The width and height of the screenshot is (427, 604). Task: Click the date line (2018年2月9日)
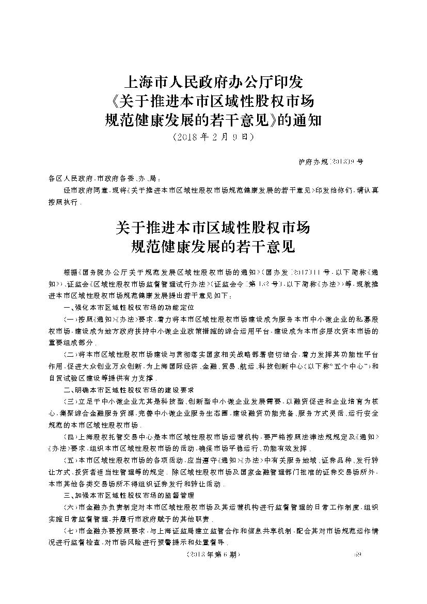point(213,138)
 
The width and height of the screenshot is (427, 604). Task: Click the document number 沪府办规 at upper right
point(330,162)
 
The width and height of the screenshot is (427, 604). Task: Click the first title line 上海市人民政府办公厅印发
point(213,82)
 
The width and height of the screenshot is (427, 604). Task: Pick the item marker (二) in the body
point(69,355)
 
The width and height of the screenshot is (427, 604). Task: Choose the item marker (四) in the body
point(69,437)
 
